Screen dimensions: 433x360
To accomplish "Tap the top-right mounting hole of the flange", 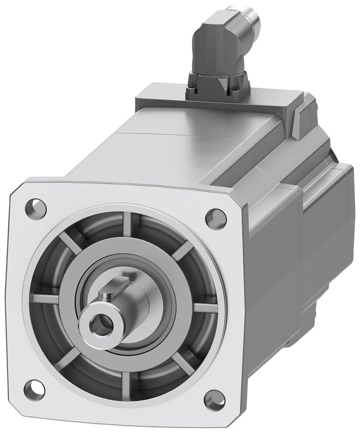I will [x=215, y=219].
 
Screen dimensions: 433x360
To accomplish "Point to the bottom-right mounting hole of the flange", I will [x=214, y=401].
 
